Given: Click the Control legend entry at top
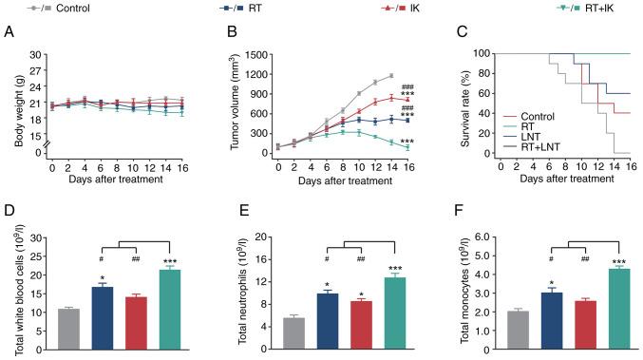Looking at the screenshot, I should (x=53, y=8).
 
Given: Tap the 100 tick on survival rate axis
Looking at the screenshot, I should (x=477, y=54).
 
